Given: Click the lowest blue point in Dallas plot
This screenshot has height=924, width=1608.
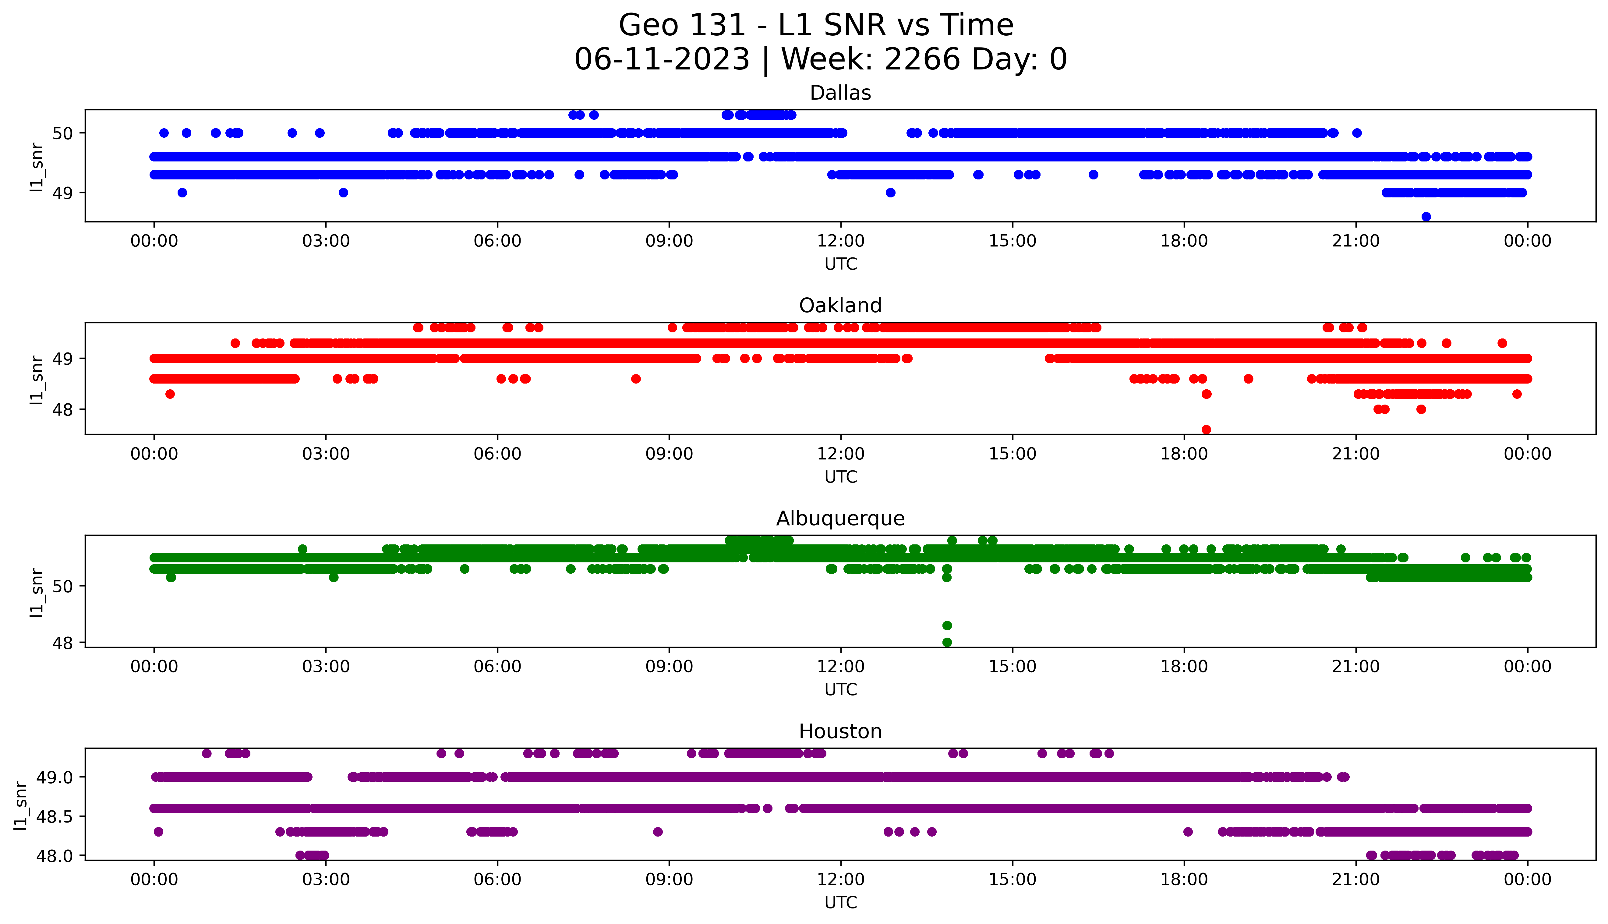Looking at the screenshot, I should coord(1426,217).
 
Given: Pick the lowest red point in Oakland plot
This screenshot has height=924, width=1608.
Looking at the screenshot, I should coord(1206,430).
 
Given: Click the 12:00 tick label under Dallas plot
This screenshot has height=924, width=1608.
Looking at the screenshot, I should coord(840,241).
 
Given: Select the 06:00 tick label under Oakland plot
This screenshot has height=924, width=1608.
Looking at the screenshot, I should coord(497,454).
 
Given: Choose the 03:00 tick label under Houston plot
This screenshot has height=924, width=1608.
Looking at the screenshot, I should coord(326,880).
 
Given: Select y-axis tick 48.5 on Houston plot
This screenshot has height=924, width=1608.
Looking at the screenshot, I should coord(55,816).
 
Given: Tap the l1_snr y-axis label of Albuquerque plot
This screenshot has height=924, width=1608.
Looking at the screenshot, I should coord(37,592).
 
